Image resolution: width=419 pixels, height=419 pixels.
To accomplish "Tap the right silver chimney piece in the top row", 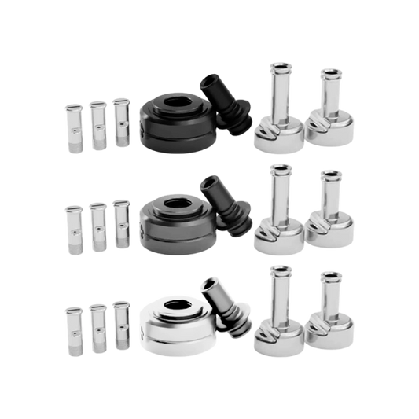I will [x=328, y=118].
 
